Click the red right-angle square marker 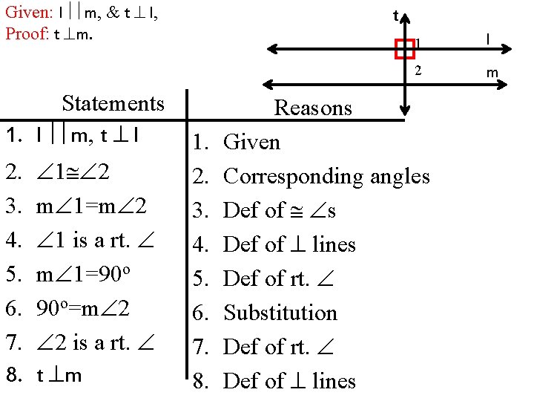tap(405, 48)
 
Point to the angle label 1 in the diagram tap(419, 43)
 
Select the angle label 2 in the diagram tap(418, 71)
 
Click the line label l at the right tap(487, 38)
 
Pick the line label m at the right tap(492, 72)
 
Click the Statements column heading tap(113, 103)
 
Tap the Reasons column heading tap(313, 108)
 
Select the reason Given tap(252, 142)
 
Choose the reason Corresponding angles tap(326, 176)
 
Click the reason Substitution tap(280, 313)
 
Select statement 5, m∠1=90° tap(84, 278)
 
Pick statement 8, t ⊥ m tap(59, 375)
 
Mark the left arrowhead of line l tap(271, 50)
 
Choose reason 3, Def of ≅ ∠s tap(280, 210)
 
